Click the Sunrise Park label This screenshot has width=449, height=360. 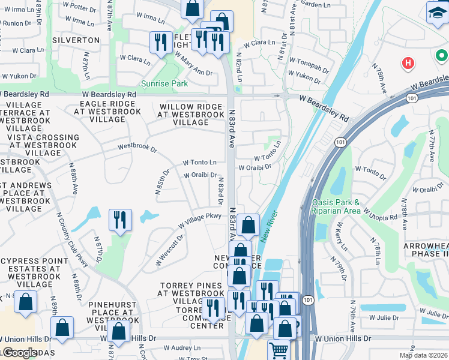click(164, 83)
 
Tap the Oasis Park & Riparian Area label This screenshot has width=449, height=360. click(336, 206)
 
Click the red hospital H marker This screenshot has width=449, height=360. click(408, 62)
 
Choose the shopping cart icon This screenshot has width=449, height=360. click(279, 350)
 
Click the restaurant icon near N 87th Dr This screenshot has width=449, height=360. click(120, 220)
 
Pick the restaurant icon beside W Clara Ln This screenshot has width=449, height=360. click(160, 42)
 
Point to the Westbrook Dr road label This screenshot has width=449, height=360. click(137, 146)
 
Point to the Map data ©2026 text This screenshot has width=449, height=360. click(423, 355)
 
